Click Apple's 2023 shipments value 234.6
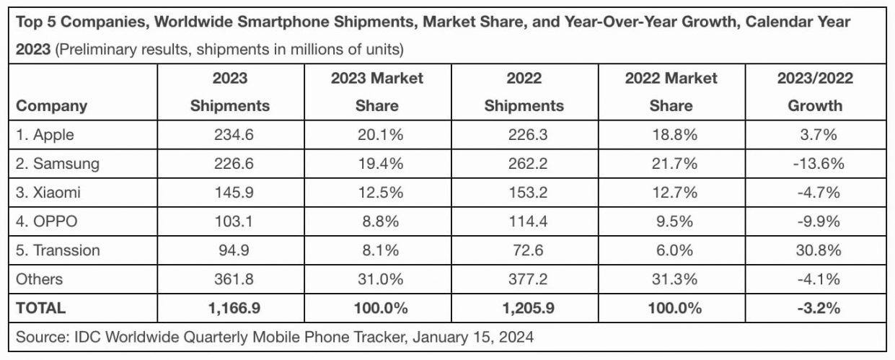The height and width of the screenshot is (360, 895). (230, 135)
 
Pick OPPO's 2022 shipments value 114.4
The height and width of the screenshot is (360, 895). (524, 221)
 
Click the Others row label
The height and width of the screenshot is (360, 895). (40, 279)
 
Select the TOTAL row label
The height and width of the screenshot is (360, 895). (41, 308)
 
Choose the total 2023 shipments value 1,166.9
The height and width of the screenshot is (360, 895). (230, 308)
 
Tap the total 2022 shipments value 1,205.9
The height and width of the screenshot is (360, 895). (524, 308)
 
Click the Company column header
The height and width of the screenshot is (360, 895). (52, 106)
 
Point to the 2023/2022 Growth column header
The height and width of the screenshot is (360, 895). (815, 92)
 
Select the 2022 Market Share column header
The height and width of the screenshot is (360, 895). (671, 92)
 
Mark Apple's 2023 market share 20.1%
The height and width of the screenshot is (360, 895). (376, 135)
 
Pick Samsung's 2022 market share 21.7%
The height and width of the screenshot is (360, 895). (671, 164)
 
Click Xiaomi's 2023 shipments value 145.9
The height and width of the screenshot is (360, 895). (230, 193)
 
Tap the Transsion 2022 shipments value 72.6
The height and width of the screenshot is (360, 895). (524, 250)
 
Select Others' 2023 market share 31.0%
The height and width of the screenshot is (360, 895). (376, 279)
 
